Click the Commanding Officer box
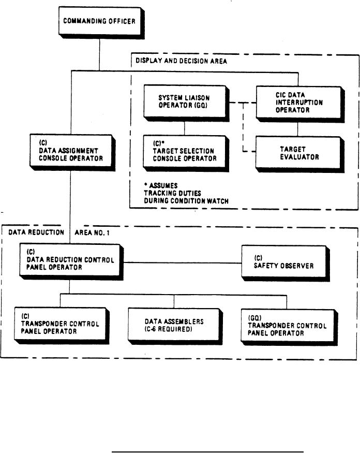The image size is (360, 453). [92, 21]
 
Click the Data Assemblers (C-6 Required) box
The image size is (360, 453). [174, 325]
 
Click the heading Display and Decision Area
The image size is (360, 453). [181, 61]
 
